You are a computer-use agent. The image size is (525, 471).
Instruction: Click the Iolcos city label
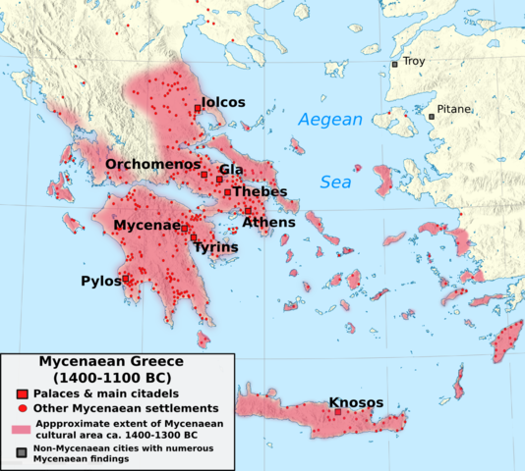click(223, 102)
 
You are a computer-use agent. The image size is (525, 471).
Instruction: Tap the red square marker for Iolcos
click(198, 109)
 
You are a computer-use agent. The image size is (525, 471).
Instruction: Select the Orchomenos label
click(152, 164)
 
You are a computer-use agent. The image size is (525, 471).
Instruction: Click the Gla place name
click(231, 170)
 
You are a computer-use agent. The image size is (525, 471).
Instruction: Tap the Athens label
click(268, 223)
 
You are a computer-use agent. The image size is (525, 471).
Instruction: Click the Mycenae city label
click(146, 226)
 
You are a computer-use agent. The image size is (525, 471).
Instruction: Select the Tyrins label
click(215, 247)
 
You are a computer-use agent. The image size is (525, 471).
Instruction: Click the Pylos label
click(100, 282)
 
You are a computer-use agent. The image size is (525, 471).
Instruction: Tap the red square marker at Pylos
click(126, 279)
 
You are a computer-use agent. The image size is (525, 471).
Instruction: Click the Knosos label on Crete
click(357, 402)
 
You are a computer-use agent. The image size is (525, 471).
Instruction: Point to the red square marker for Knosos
click(337, 411)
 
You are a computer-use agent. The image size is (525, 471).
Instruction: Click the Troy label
click(413, 62)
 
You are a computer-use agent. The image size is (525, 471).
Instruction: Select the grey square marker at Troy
click(395, 64)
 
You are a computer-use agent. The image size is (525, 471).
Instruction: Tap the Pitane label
click(454, 109)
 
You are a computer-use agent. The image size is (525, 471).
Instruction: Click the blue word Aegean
click(329, 121)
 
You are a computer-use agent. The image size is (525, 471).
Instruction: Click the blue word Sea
click(336, 183)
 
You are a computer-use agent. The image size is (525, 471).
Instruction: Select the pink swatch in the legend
click(21, 429)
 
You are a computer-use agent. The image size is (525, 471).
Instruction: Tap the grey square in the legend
click(20, 451)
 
